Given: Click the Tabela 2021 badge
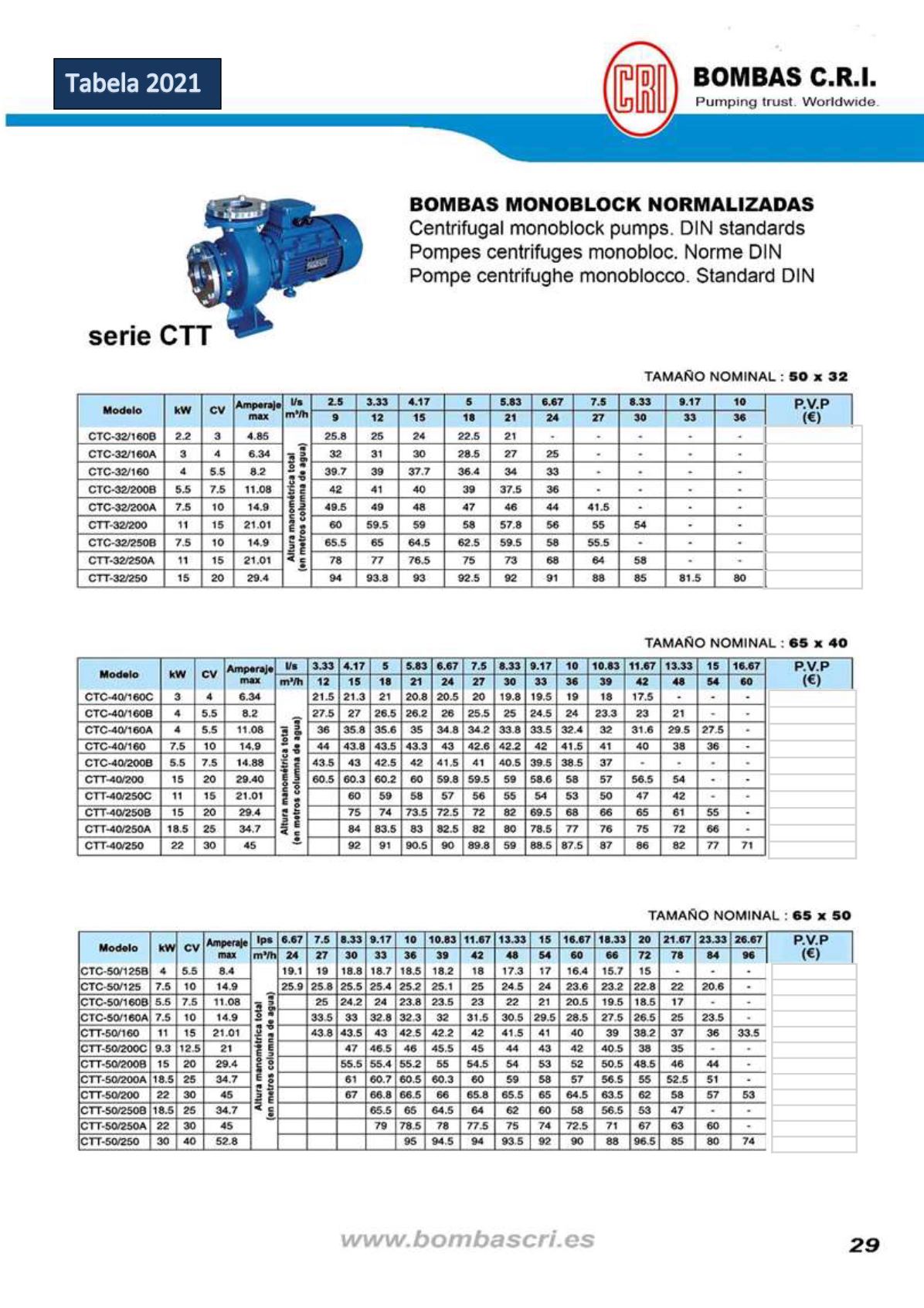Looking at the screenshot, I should (137, 83).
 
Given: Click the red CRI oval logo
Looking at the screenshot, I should (640, 89).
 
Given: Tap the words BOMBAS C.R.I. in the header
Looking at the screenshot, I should (784, 77).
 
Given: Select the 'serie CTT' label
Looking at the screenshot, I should (150, 336).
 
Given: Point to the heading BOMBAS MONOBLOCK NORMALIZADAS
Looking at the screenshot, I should (611, 205).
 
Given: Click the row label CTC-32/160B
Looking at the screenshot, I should (121, 436).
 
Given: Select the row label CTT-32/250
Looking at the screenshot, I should (117, 578).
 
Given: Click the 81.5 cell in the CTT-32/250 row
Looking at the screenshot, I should (689, 578).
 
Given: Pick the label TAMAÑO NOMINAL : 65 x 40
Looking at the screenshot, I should (746, 643).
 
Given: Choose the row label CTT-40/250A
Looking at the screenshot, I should (117, 829).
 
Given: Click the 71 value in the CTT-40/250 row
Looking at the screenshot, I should (746, 846).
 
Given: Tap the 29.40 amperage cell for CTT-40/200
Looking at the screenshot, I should (250, 780).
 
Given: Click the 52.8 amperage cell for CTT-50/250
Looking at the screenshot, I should (226, 1142).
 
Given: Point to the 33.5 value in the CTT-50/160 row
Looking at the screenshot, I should (748, 1033).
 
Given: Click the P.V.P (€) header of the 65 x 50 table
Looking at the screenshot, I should (810, 947).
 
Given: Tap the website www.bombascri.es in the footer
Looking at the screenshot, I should (467, 1240).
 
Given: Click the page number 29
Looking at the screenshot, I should (865, 1245).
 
